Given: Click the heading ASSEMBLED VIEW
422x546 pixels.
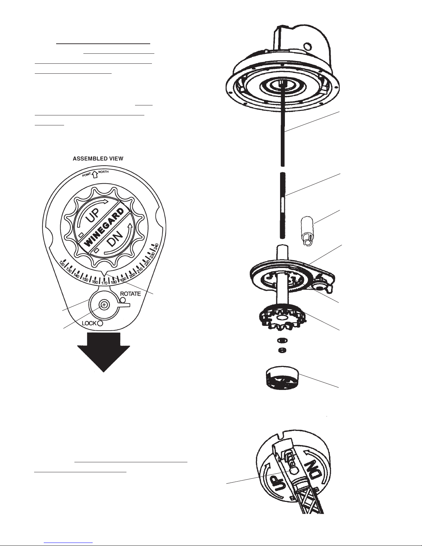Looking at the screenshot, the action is click(x=98, y=158).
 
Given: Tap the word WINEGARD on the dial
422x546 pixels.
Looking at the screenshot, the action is click(x=104, y=227).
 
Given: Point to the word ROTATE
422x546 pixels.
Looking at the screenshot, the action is click(x=130, y=294).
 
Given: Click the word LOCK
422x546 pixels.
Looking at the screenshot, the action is click(x=89, y=323).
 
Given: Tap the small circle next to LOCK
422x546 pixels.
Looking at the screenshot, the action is click(x=100, y=323).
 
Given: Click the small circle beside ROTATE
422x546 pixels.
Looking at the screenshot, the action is click(x=123, y=300).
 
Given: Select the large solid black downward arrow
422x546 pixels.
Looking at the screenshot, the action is click(x=103, y=352).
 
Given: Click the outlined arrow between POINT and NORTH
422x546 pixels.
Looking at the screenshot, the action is click(x=94, y=174).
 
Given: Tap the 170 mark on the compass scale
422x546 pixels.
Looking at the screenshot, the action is click(x=104, y=283).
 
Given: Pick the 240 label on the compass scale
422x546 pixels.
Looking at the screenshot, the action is click(x=156, y=247).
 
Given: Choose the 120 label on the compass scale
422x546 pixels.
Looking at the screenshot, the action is click(x=62, y=264).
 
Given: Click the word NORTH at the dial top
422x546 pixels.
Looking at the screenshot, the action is click(x=103, y=172).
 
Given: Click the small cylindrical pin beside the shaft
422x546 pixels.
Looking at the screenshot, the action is click(x=307, y=231).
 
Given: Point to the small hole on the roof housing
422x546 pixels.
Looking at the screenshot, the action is click(x=307, y=47).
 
